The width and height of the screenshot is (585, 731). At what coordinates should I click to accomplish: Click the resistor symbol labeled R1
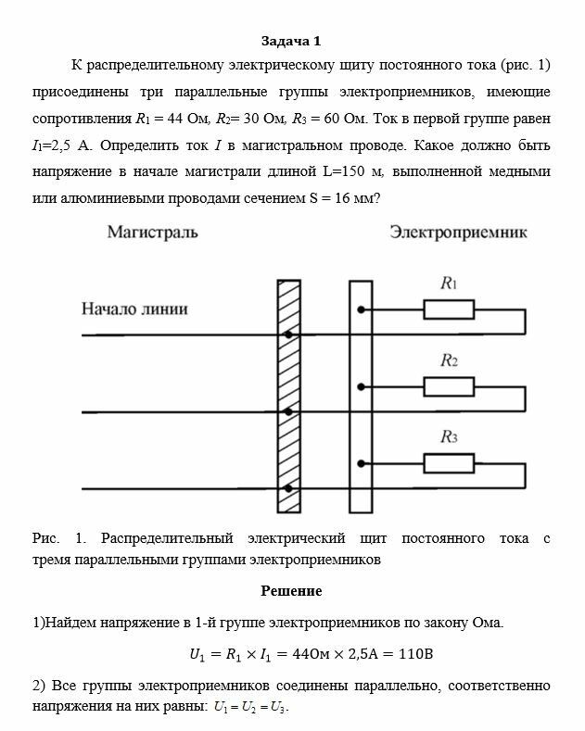tap(449, 309)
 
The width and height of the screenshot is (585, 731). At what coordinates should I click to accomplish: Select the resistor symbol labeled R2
tap(449, 385)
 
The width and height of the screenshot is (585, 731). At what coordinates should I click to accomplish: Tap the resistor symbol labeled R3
tap(449, 461)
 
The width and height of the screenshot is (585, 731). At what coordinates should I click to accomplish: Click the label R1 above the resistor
tap(449, 284)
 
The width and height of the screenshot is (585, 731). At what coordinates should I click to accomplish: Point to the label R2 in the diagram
tap(449, 360)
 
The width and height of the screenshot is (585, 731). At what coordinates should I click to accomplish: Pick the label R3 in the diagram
tap(449, 436)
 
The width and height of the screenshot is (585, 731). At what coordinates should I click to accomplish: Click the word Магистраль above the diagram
tap(152, 233)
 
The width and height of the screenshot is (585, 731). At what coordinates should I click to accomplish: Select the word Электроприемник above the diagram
tap(458, 233)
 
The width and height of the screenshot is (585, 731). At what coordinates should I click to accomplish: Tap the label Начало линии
tap(134, 309)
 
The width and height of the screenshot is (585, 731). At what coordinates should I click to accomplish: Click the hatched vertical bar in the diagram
tap(289, 396)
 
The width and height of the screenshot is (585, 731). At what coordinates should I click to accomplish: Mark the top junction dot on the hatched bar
tap(289, 334)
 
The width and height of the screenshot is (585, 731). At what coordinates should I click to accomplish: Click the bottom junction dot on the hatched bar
tap(289, 487)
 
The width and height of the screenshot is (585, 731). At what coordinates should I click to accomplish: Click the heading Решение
tap(291, 591)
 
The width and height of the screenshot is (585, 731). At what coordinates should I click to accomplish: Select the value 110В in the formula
tap(414, 654)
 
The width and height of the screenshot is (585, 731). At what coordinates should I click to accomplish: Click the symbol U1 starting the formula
tap(197, 655)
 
